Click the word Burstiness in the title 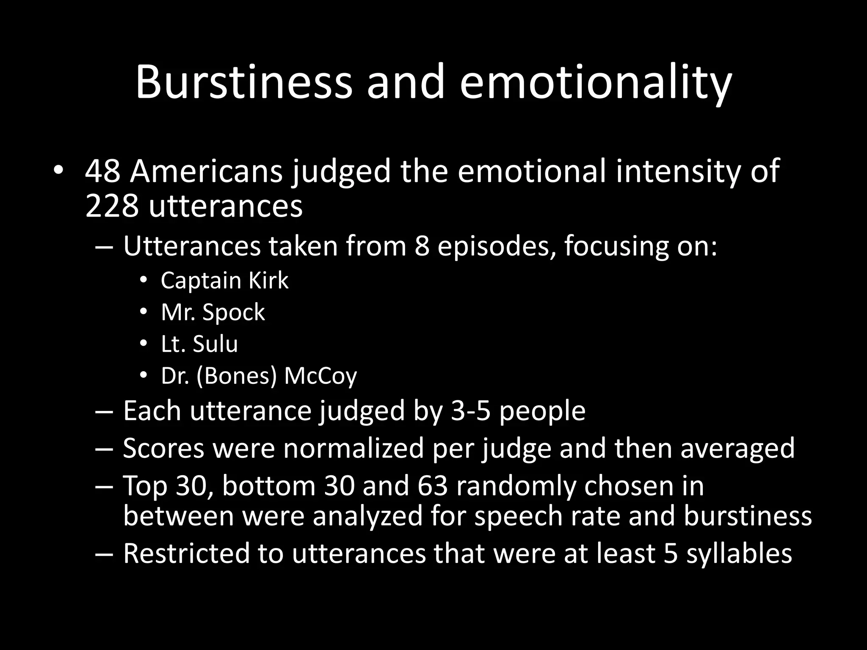243,82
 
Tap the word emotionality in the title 596,82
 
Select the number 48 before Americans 102,171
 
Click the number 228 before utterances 112,207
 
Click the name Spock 234,313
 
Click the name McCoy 320,376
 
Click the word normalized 354,448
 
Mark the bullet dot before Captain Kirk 144,281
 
